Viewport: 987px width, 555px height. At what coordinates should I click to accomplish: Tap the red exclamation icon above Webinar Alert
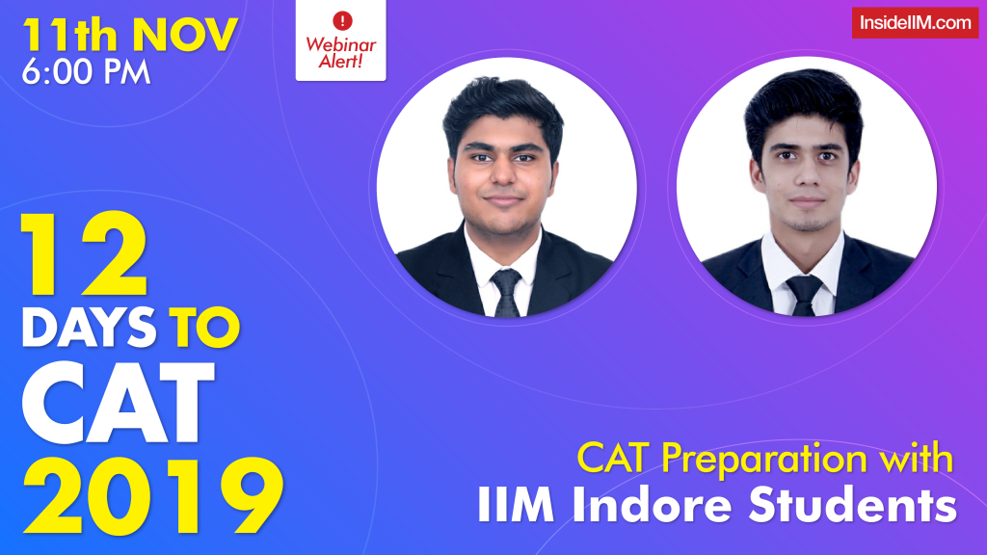340,20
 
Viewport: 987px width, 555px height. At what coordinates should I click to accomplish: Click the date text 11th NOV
130,35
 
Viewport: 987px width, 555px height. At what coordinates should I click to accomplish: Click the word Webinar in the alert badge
340,44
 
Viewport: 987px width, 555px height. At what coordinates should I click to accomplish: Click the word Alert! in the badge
340,63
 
